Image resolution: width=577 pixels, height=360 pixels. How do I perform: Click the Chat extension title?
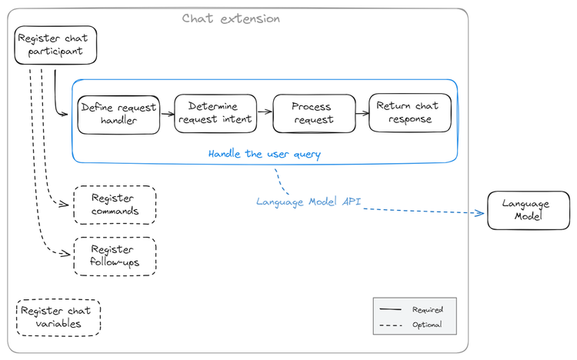[231, 18]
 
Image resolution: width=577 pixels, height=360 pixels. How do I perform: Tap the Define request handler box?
[118, 115]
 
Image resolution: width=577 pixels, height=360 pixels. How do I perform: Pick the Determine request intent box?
[213, 113]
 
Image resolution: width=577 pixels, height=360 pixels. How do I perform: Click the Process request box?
[313, 113]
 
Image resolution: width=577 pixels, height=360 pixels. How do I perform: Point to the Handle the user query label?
[264, 154]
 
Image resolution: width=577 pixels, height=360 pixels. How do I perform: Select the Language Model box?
[525, 210]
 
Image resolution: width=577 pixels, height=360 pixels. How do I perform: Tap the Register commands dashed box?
[115, 205]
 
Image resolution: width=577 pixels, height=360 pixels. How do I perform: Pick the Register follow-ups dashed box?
[115, 256]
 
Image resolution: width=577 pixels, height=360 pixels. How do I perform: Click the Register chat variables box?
[58, 318]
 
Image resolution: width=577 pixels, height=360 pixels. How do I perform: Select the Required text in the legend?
[427, 309]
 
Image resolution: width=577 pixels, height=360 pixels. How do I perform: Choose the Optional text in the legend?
[427, 325]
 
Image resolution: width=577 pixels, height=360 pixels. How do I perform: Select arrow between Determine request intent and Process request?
[264, 111]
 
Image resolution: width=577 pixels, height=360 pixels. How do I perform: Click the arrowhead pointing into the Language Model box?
[482, 213]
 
